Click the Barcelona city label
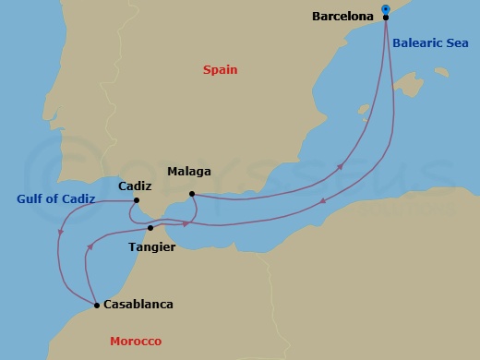point(342,17)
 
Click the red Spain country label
point(222,69)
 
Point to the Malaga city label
point(189,172)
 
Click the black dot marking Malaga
point(191,194)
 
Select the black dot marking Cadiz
point(137,200)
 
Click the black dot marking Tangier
point(150,227)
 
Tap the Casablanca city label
point(138,304)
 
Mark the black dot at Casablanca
point(96,305)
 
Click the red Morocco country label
point(136,342)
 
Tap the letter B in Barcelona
point(317,17)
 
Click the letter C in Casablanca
point(108,304)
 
